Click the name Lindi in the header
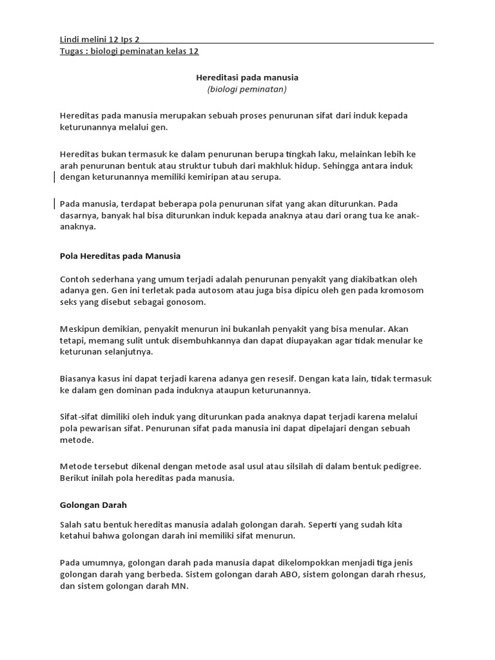click(69, 39)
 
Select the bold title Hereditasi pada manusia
click(247, 77)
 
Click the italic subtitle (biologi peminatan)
click(247, 89)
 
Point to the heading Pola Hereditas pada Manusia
click(120, 256)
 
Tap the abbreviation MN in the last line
click(178, 587)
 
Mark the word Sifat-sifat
click(79, 416)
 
